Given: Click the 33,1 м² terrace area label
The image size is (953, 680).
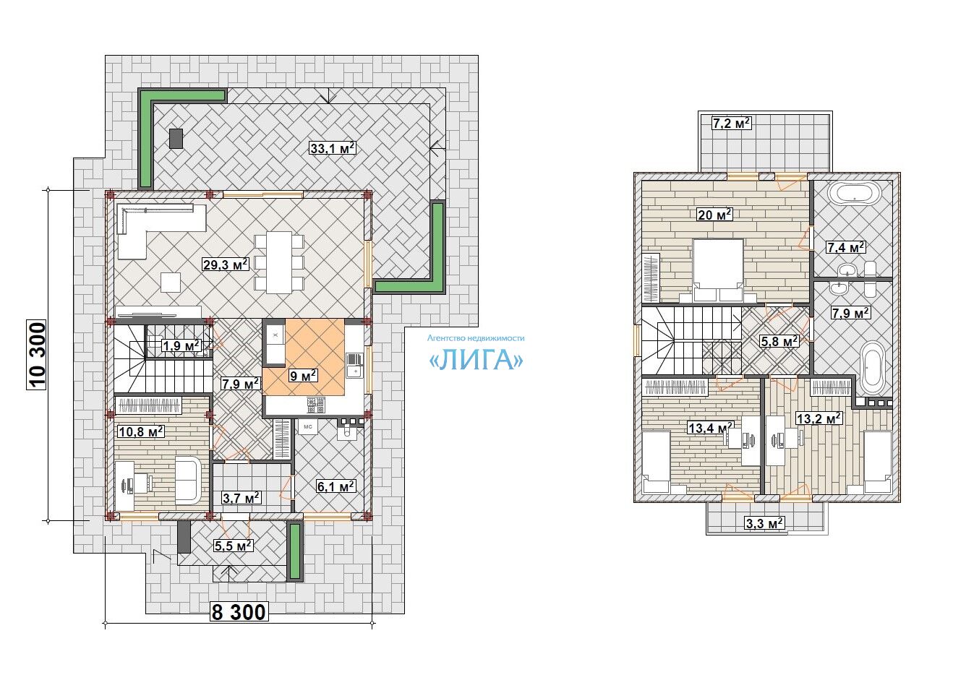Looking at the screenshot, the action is pyautogui.click(x=333, y=148).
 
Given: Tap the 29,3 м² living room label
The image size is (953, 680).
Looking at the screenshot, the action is pyautogui.click(x=226, y=264).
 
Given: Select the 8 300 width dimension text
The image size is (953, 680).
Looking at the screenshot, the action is pyautogui.click(x=239, y=612).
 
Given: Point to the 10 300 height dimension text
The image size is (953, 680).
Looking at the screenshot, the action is pyautogui.click(x=36, y=355).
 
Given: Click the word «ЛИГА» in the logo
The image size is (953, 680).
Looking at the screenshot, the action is pyautogui.click(x=476, y=361).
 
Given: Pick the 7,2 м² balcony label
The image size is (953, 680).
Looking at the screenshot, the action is pyautogui.click(x=732, y=124).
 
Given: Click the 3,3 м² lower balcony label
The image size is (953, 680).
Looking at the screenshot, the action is pyautogui.click(x=764, y=522).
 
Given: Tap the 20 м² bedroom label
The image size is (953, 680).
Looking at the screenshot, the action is pyautogui.click(x=714, y=215).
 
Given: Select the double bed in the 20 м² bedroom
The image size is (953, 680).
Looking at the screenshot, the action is pyautogui.click(x=718, y=270).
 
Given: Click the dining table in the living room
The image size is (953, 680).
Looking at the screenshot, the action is pyautogui.click(x=279, y=262).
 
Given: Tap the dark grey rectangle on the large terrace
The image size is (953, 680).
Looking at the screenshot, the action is pyautogui.click(x=176, y=139).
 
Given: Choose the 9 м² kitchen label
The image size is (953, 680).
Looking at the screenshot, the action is pyautogui.click(x=303, y=376).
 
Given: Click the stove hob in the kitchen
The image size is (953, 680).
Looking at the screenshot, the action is pyautogui.click(x=316, y=405).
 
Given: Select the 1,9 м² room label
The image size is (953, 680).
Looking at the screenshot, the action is pyautogui.click(x=181, y=345).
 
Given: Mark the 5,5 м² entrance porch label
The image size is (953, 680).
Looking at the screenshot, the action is pyautogui.click(x=234, y=545).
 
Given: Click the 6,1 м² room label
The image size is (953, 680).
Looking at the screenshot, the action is pyautogui.click(x=336, y=486).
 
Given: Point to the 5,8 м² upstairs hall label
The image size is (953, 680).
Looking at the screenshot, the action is pyautogui.click(x=779, y=340).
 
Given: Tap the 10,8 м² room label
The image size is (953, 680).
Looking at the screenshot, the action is pyautogui.click(x=141, y=431).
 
